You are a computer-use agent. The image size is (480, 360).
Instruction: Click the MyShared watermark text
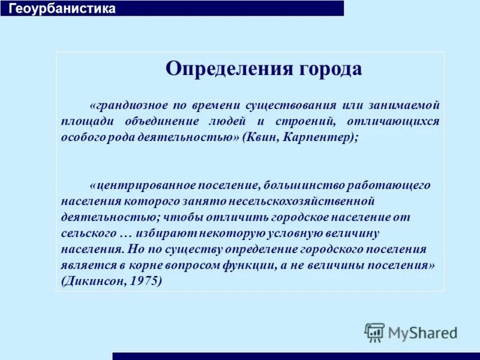422,332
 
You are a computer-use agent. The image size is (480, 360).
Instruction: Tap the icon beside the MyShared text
374,332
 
